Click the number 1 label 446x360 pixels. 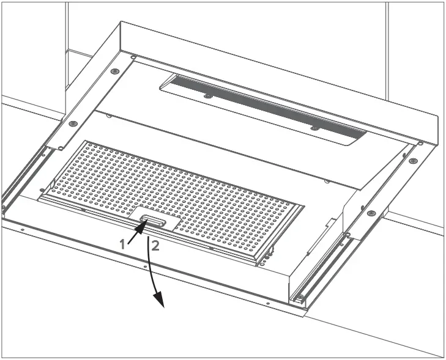click(x=122, y=243)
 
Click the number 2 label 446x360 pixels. click(x=156, y=246)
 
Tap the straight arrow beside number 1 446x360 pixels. click(x=138, y=232)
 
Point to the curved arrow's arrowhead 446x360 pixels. click(x=160, y=300)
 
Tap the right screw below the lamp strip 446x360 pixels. click(x=314, y=128)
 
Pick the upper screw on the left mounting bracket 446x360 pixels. click(x=114, y=71)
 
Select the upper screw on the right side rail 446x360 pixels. click(x=414, y=161)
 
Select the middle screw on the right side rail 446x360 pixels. click(x=371, y=213)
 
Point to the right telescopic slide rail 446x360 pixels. click(x=321, y=269)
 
